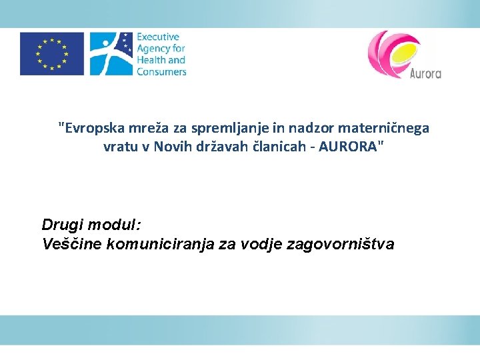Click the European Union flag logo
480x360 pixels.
[x=52, y=54]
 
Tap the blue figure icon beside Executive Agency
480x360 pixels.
[x=110, y=54]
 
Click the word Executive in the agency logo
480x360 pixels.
[x=158, y=37]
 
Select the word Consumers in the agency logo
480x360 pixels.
[x=161, y=72]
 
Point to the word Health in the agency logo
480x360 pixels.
[x=151, y=60]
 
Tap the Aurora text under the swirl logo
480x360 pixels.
[x=426, y=73]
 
